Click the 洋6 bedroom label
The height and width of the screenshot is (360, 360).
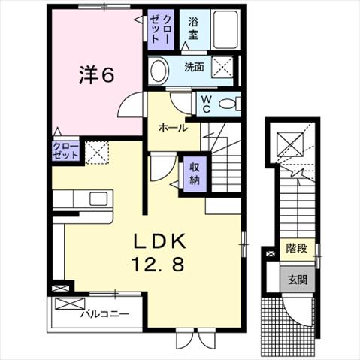(97, 74)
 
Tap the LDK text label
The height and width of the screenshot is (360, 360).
(160, 241)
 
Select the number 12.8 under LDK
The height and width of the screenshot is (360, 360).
(158, 265)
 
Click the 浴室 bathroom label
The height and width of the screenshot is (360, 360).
(193, 29)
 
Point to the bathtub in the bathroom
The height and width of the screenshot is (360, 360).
(225, 29)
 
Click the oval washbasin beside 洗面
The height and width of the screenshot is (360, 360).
(159, 71)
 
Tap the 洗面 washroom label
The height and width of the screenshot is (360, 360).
(194, 67)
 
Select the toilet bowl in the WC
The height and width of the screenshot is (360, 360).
(227, 104)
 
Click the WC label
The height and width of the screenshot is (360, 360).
(205, 104)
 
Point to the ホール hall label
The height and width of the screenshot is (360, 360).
(174, 129)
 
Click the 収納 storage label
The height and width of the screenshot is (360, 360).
(195, 174)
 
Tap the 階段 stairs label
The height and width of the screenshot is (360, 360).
(297, 249)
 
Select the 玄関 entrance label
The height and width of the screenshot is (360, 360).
(298, 280)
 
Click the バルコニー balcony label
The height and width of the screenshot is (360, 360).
(104, 313)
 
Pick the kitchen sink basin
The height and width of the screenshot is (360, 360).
(98, 199)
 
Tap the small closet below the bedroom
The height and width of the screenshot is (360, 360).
(65, 150)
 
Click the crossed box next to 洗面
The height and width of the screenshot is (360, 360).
(222, 67)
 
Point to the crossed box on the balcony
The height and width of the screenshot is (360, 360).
(70, 303)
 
